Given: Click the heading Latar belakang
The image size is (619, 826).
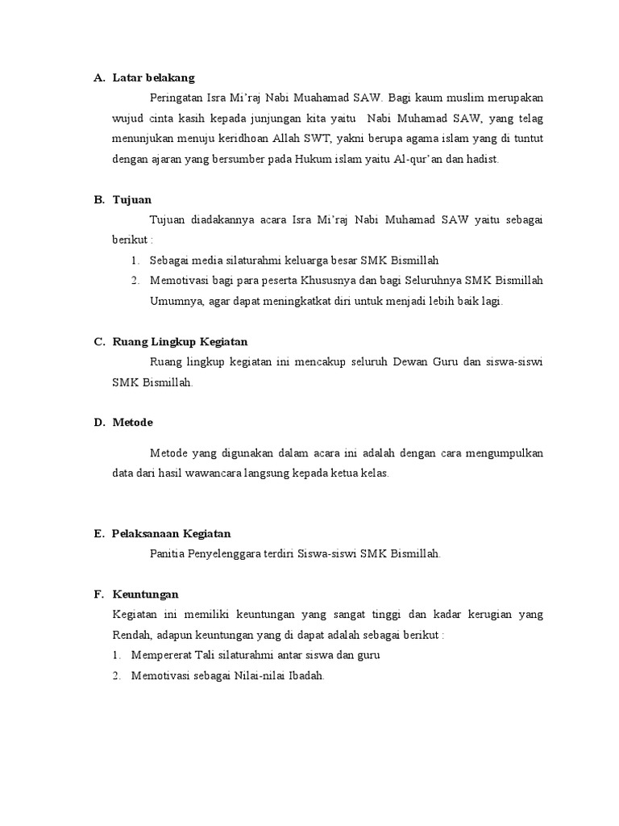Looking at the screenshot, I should (x=153, y=78).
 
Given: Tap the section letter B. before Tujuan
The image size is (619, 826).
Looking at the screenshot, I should (x=98, y=199).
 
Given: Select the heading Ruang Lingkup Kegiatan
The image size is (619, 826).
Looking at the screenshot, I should (x=180, y=342).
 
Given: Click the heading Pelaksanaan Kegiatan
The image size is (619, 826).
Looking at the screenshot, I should (x=172, y=534).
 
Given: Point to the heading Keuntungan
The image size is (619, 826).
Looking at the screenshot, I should (x=145, y=594).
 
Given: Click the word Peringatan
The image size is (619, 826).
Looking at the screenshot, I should (x=177, y=98).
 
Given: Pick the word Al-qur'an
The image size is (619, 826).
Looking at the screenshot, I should (x=418, y=160).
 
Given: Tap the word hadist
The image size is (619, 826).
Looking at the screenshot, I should (x=482, y=160).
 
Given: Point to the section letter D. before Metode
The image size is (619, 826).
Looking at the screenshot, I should (x=98, y=423).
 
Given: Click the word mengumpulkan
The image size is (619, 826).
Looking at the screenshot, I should (x=501, y=453).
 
